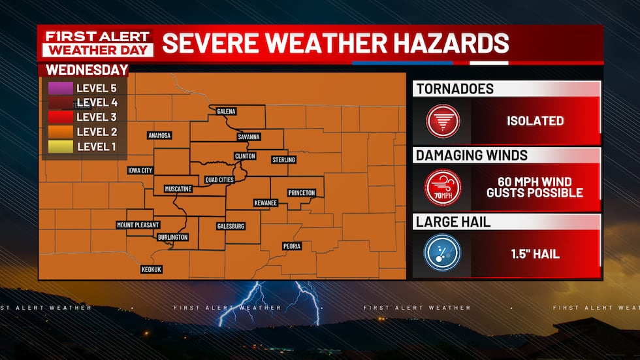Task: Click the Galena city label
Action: pos(226,112)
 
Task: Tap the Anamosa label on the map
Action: pos(159,135)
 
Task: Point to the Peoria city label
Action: pos(291,246)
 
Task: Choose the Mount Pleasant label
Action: pos(138,225)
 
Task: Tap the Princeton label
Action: pos(302,193)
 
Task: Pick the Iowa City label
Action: pos(140,171)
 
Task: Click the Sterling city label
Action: pos(283,160)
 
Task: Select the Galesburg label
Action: pos(231,226)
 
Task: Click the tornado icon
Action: pos(443,121)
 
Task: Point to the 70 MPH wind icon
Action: pos(443,188)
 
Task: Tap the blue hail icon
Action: pos(443,254)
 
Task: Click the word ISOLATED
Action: pos(535,121)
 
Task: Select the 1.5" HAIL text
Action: pos(535,254)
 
